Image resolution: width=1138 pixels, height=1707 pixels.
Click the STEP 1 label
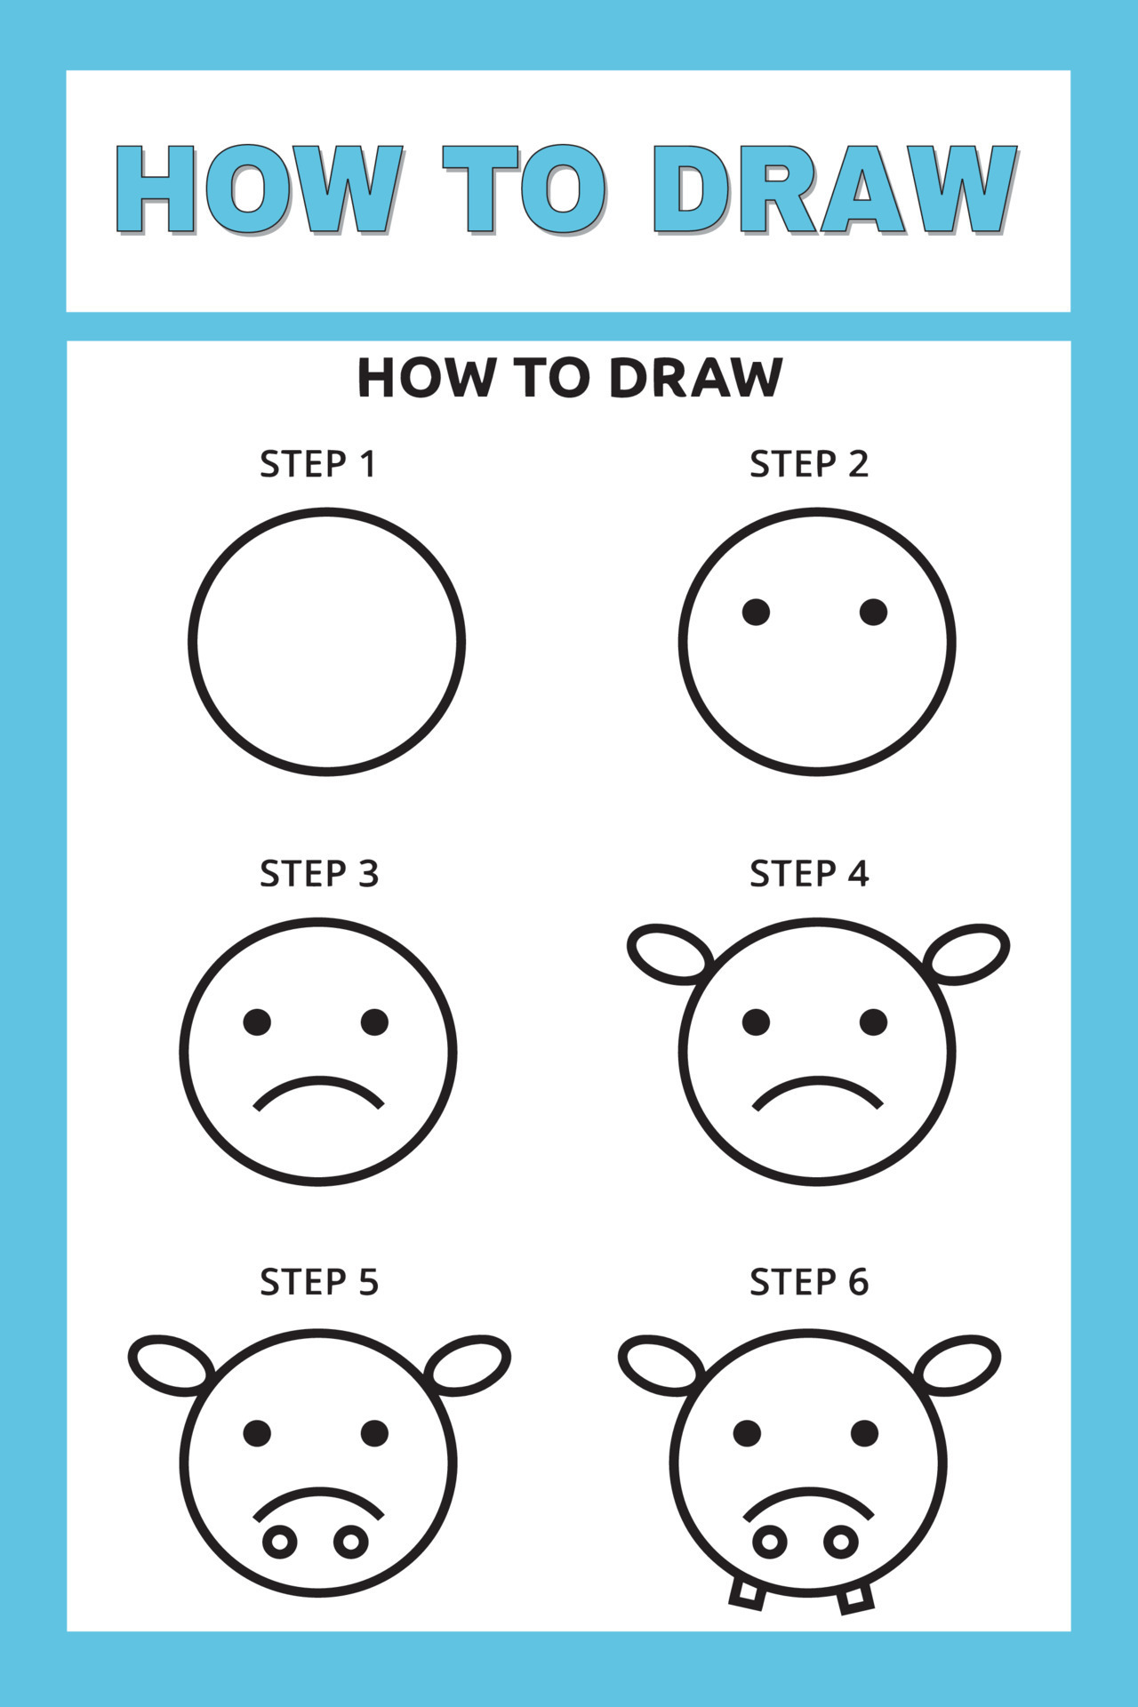click(317, 464)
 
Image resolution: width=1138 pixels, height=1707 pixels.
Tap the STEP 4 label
click(808, 874)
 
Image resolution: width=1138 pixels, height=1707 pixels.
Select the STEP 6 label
click(808, 1282)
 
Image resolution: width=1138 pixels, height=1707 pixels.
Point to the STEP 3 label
click(318, 874)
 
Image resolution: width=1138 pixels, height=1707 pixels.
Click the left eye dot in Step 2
click(756, 612)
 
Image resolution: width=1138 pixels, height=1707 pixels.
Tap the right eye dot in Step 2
click(873, 612)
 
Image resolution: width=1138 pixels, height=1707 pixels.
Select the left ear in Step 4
click(669, 953)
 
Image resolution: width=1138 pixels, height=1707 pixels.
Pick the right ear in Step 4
click(966, 953)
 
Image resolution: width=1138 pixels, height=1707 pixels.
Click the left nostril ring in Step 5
click(280, 1542)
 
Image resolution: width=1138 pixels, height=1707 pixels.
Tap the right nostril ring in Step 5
click(351, 1542)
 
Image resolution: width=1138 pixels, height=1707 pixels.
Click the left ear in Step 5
click(172, 1364)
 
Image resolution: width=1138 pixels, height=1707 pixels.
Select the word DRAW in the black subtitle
click(696, 378)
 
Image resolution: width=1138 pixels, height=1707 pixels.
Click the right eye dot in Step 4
click(873, 1022)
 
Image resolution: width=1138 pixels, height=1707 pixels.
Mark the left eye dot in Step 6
click(747, 1432)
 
